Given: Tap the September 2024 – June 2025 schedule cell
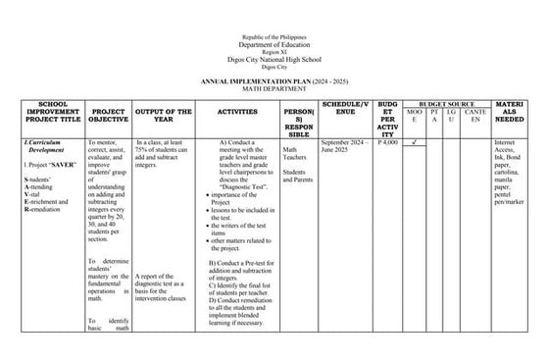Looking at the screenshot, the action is coord(343,147).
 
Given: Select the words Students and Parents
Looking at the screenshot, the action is coord(298,177).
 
